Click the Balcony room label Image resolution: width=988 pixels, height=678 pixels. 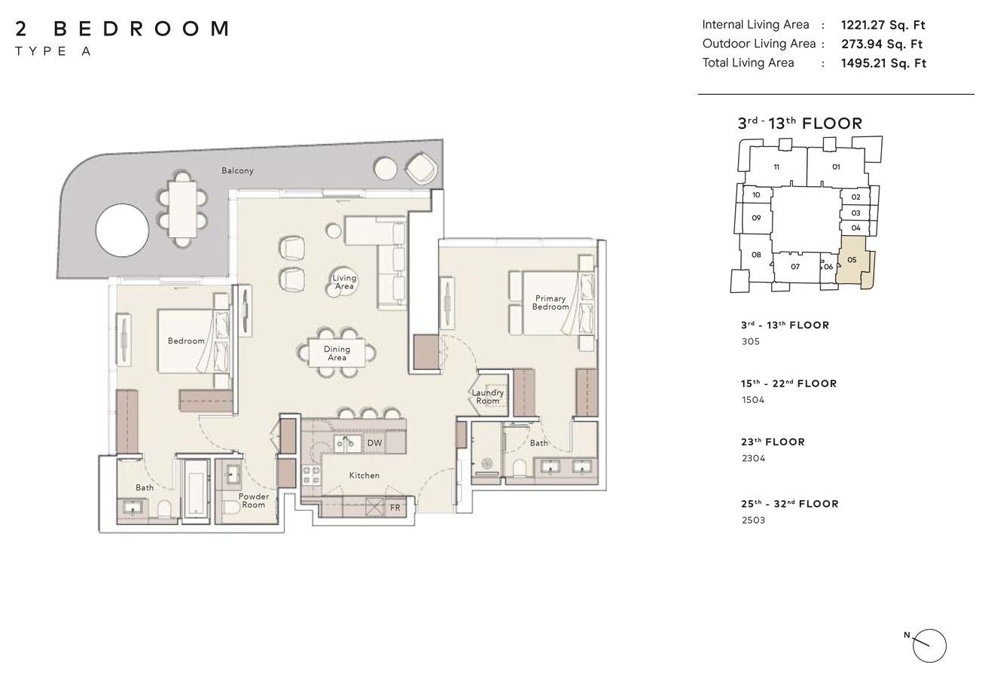237,171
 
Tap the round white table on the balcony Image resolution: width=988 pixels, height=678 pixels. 122,230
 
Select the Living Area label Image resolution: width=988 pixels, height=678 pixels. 344,282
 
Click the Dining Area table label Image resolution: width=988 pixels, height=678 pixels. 337,353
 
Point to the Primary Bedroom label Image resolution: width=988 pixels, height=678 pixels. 550,303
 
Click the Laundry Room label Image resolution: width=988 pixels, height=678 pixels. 487,396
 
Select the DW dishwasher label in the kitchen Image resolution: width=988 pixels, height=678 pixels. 374,443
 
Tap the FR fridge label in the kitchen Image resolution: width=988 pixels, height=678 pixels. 395,508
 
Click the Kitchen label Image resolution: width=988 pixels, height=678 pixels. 364,475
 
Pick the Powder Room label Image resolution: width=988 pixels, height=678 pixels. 253,500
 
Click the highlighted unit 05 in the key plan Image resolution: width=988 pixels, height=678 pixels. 853,261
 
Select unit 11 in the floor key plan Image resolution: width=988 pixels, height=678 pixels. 776,167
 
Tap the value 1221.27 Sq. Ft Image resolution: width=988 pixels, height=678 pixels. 883,25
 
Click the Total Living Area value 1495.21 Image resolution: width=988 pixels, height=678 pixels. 883,63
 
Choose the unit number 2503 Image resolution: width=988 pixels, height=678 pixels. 753,520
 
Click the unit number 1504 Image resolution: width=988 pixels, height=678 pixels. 753,400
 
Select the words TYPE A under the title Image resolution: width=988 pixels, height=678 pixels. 53,51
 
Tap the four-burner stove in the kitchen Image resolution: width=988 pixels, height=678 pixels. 310,475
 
